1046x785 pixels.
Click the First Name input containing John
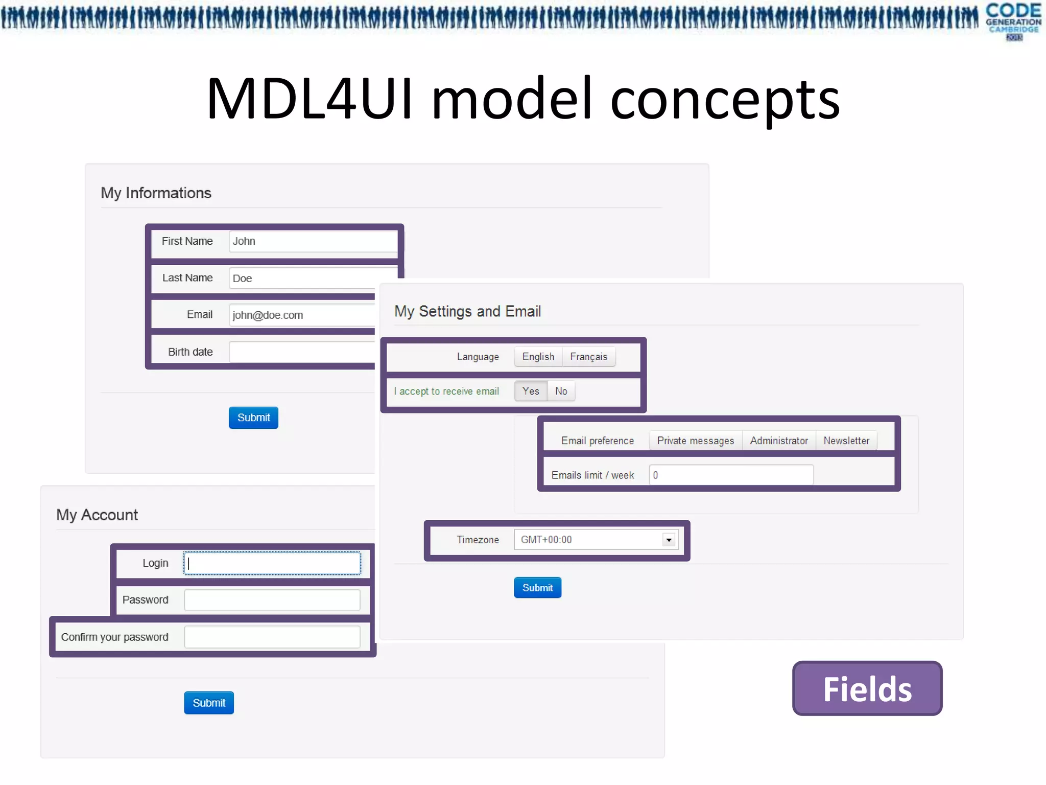313,241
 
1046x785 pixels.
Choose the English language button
538,357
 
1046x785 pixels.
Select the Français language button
588,357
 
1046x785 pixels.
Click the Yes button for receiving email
530,391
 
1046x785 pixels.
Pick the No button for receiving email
561,391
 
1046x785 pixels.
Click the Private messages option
695,441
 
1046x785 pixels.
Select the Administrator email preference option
778,441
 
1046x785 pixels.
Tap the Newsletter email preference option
846,441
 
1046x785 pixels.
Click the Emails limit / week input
731,475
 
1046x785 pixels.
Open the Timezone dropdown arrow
669,540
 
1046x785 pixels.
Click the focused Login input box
272,563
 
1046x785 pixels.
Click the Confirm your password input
272,637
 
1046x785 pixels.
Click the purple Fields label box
867,688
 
